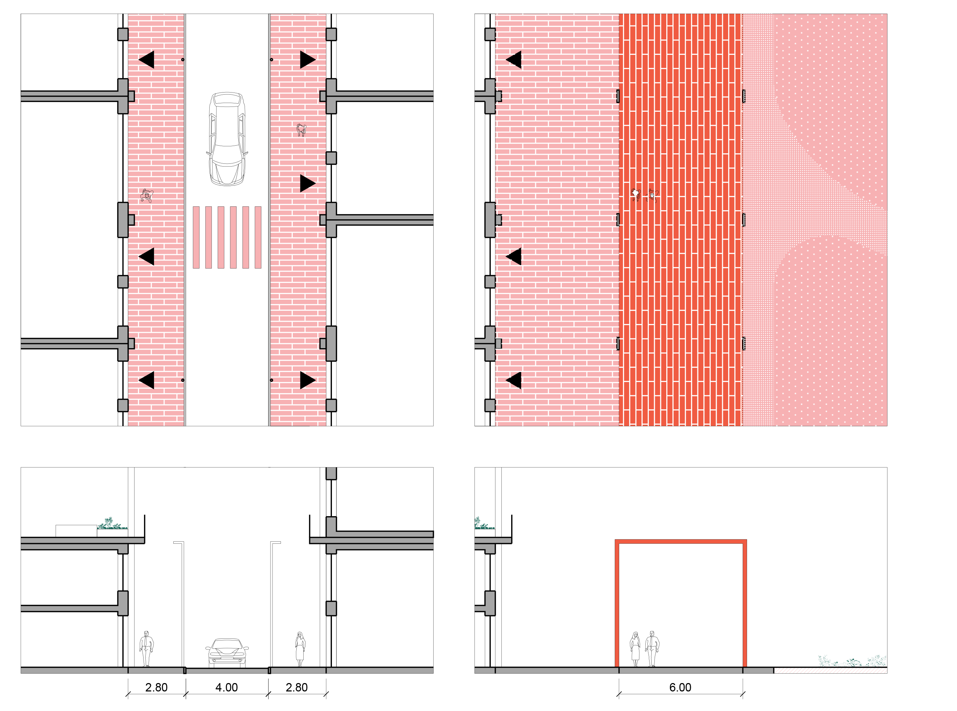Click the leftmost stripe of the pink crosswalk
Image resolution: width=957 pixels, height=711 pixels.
(196, 237)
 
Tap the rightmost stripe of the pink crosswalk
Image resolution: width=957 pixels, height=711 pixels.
(258, 237)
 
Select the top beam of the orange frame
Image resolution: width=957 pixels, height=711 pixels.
(680, 541)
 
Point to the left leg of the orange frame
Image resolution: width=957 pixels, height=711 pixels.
(617, 602)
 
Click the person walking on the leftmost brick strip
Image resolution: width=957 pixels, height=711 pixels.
(147, 196)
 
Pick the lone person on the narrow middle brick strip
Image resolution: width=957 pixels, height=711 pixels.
(301, 130)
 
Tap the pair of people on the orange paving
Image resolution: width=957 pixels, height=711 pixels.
(644, 195)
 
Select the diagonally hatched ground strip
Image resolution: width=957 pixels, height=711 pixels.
(830, 670)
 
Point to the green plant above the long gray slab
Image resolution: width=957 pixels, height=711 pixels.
(111, 523)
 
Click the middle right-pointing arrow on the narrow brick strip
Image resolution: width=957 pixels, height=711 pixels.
(307, 183)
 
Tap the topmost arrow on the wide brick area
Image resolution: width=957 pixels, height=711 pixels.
(514, 59)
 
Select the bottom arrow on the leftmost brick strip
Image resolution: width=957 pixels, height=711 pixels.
(147, 380)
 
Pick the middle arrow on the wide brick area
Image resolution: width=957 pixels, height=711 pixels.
(514, 257)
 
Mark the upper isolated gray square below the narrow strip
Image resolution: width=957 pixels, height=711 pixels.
(331, 473)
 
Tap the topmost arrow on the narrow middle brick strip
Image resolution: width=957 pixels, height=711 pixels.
(307, 59)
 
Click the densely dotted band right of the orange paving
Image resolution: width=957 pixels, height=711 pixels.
(757, 215)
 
